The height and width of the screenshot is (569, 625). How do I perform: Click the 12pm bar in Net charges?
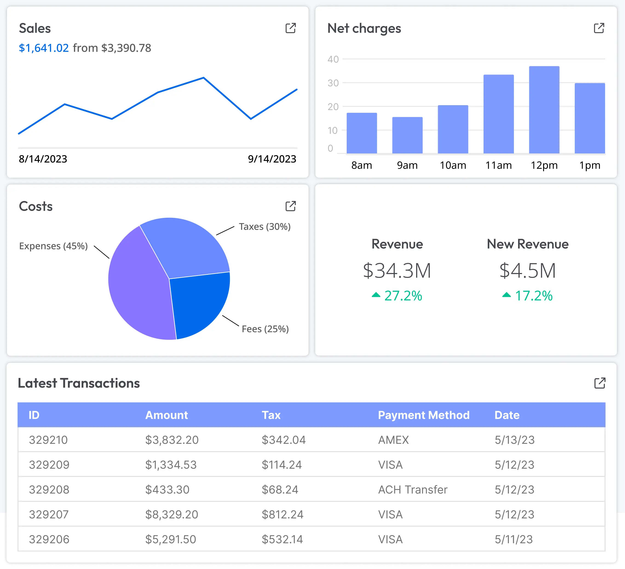pyautogui.click(x=544, y=110)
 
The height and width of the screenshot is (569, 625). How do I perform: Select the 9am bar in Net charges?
pyautogui.click(x=407, y=135)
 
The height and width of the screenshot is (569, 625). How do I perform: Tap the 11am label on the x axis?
pyautogui.click(x=498, y=165)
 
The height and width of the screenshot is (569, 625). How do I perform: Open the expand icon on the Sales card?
pyautogui.click(x=291, y=28)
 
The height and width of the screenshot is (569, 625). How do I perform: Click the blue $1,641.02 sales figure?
pyautogui.click(x=44, y=48)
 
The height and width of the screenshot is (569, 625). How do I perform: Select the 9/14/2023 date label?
pyautogui.click(x=272, y=159)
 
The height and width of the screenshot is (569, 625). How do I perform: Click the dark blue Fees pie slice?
pyautogui.click(x=199, y=304)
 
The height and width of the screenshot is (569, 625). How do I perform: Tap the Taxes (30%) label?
pyautogui.click(x=265, y=226)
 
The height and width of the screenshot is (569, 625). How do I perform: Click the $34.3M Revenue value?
pyautogui.click(x=397, y=270)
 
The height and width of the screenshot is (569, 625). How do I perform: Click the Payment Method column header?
pyautogui.click(x=423, y=415)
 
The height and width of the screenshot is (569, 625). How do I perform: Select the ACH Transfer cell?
pyautogui.click(x=413, y=490)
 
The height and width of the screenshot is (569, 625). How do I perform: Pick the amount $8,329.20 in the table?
pyautogui.click(x=171, y=514)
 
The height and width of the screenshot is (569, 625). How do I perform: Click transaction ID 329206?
pyautogui.click(x=49, y=539)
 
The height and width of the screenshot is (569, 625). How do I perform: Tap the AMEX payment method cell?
pyautogui.click(x=393, y=440)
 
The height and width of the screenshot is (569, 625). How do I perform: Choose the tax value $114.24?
pyautogui.click(x=282, y=465)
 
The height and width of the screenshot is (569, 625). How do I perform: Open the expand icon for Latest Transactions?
pyautogui.click(x=599, y=383)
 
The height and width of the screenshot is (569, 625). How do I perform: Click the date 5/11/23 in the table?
pyautogui.click(x=514, y=539)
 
